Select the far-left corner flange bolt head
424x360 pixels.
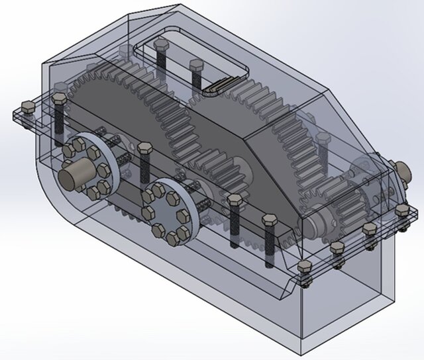click(x=27, y=109)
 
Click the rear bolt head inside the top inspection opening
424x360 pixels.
click(x=160, y=45)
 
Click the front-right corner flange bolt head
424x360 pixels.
click(x=305, y=267)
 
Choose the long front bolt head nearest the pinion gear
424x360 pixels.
click(x=270, y=220)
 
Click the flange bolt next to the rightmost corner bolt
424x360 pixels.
click(x=370, y=229)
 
